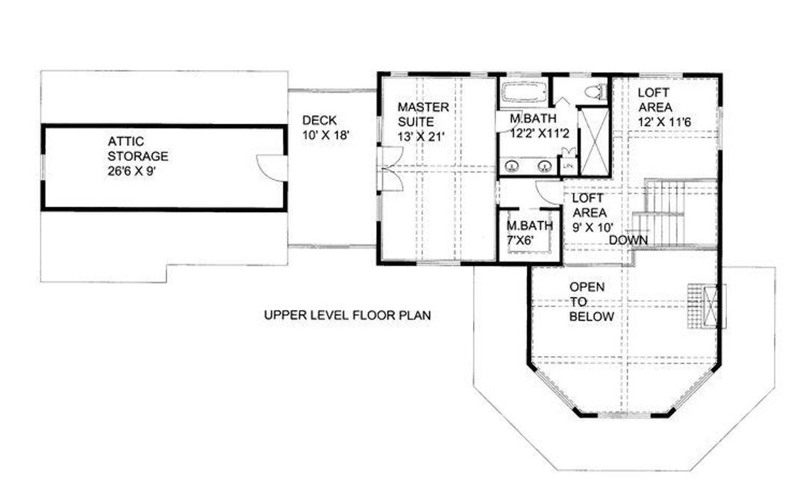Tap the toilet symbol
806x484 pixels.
coord(596,92)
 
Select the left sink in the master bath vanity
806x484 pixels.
coord(512,166)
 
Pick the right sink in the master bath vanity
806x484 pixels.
coord(545,166)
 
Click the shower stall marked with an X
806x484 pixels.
coord(594,141)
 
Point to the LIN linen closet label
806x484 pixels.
coord(569,166)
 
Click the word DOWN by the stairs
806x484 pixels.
coord(628,241)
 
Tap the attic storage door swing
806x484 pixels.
coord(271,167)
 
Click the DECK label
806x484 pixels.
coord(319,120)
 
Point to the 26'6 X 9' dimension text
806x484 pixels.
coord(131,171)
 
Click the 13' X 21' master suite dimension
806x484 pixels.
coord(420,137)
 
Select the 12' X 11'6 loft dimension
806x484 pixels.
coord(665,122)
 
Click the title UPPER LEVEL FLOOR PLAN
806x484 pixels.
coord(348,314)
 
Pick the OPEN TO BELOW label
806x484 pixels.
coord(591,302)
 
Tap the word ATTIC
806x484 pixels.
coord(126,141)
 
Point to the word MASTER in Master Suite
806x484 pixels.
coord(423,107)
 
